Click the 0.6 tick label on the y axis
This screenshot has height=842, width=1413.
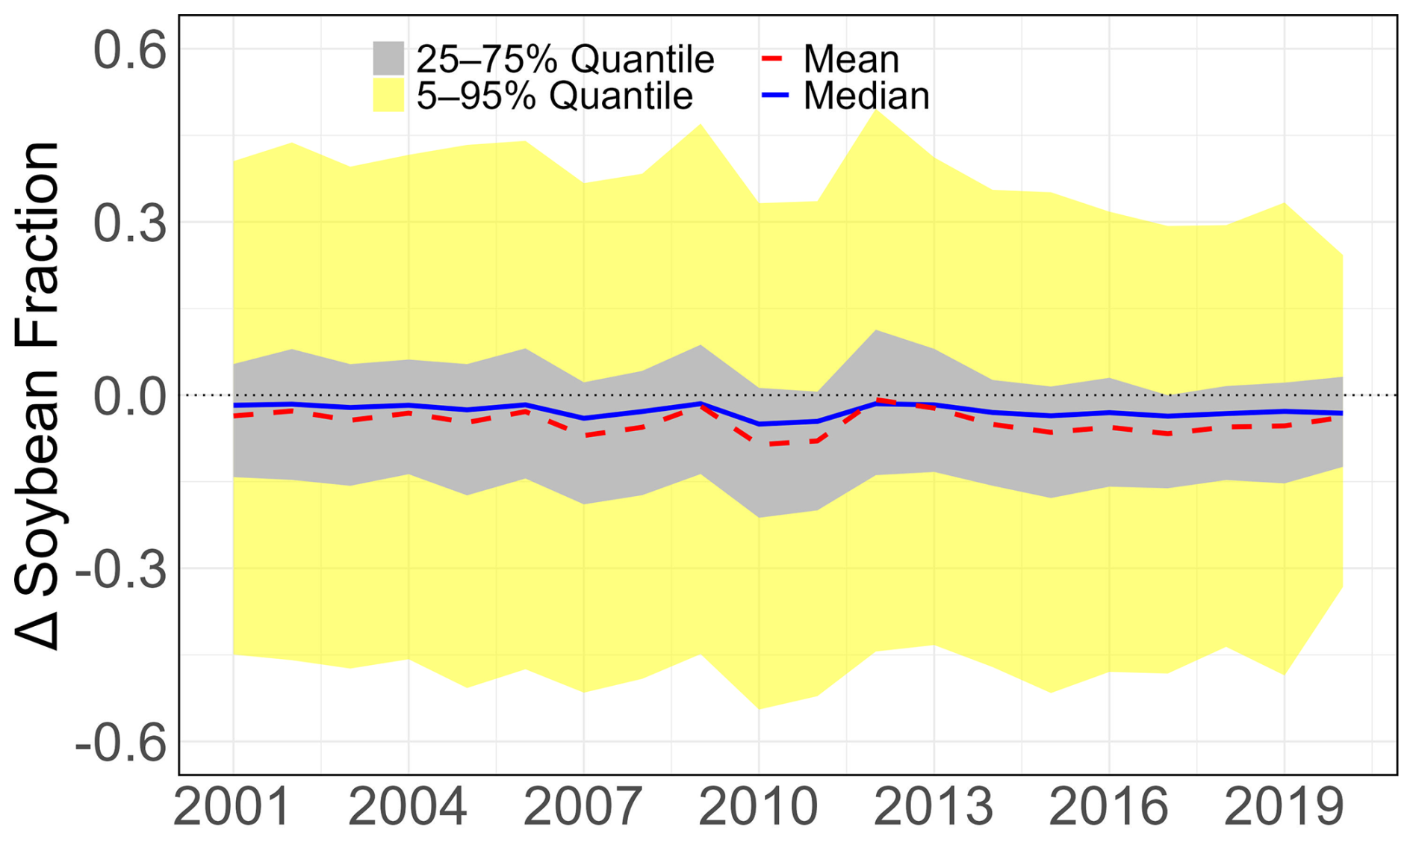click(129, 50)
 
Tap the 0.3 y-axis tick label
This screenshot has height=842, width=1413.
click(129, 223)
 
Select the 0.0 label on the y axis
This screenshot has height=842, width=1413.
click(129, 397)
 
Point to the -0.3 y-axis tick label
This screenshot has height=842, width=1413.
click(119, 570)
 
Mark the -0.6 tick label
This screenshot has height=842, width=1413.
click(119, 743)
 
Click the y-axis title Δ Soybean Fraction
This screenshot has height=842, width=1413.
click(37, 396)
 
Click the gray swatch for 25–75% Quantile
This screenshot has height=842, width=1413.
click(388, 58)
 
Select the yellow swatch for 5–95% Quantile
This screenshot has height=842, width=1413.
click(388, 96)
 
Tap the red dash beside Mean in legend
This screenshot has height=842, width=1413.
click(771, 58)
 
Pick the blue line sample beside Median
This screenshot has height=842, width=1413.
click(775, 96)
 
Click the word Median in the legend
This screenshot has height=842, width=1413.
click(866, 96)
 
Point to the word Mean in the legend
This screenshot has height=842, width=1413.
click(851, 58)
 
